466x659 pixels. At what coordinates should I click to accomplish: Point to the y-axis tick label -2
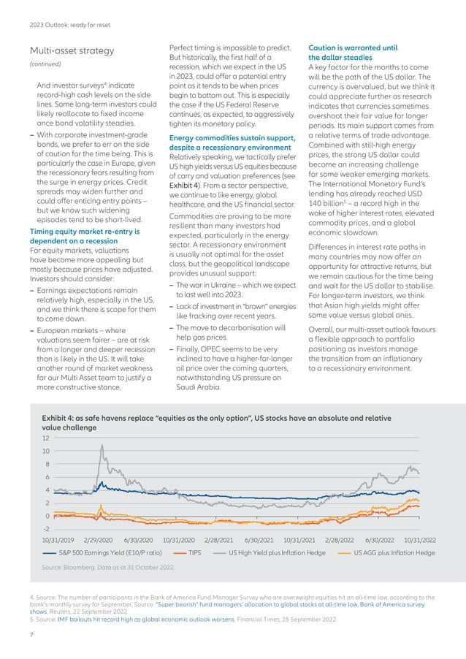46,528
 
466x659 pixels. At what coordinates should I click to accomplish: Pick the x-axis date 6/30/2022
380,540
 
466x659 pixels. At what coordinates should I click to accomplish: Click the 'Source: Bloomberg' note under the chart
110,567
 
